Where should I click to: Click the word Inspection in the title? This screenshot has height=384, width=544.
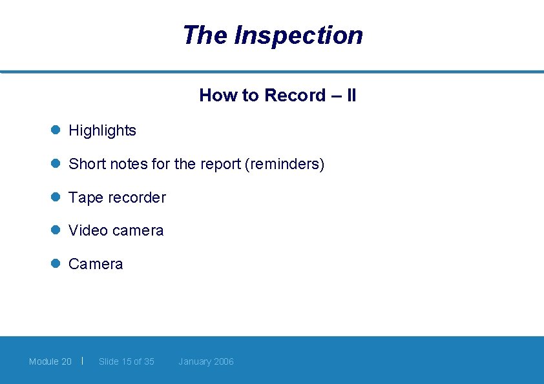pyautogui.click(x=298, y=35)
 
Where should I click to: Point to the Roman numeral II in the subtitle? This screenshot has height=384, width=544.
pyautogui.click(x=351, y=96)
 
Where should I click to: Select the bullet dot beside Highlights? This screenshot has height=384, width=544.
pyautogui.click(x=56, y=130)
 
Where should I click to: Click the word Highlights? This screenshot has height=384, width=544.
pyautogui.click(x=102, y=130)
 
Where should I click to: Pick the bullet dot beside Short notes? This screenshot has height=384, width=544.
pyautogui.click(x=56, y=163)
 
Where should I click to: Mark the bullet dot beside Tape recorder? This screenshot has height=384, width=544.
pyautogui.click(x=56, y=197)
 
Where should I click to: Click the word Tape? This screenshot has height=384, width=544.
pyautogui.click(x=83, y=197)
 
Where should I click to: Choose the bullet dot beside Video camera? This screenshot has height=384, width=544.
pyautogui.click(x=56, y=230)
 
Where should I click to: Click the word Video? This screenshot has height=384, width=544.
pyautogui.click(x=87, y=230)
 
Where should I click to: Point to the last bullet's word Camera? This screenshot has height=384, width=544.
pyautogui.click(x=96, y=264)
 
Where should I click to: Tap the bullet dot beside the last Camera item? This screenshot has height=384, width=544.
pyautogui.click(x=56, y=263)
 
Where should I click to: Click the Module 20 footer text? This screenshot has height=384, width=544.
pyautogui.click(x=50, y=361)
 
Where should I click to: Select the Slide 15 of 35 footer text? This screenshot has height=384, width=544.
pyautogui.click(x=127, y=361)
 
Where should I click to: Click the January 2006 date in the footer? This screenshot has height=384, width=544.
pyautogui.click(x=206, y=361)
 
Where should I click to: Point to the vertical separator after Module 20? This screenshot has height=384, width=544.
pyautogui.click(x=82, y=361)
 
